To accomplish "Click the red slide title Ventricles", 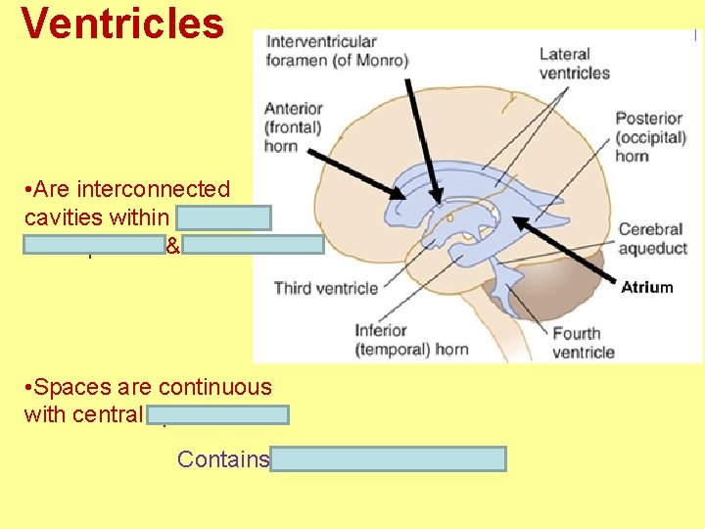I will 122,24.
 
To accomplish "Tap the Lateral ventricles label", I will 575,63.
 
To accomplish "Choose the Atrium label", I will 646,287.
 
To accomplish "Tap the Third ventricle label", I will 325,288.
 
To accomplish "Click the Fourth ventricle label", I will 584,343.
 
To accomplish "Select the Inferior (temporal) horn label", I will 410,340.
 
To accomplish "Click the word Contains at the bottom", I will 222,458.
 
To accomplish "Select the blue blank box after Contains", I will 389,458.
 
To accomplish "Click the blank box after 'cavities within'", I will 225,217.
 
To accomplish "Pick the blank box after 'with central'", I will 218,414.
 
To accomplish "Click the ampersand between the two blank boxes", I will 172,247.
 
